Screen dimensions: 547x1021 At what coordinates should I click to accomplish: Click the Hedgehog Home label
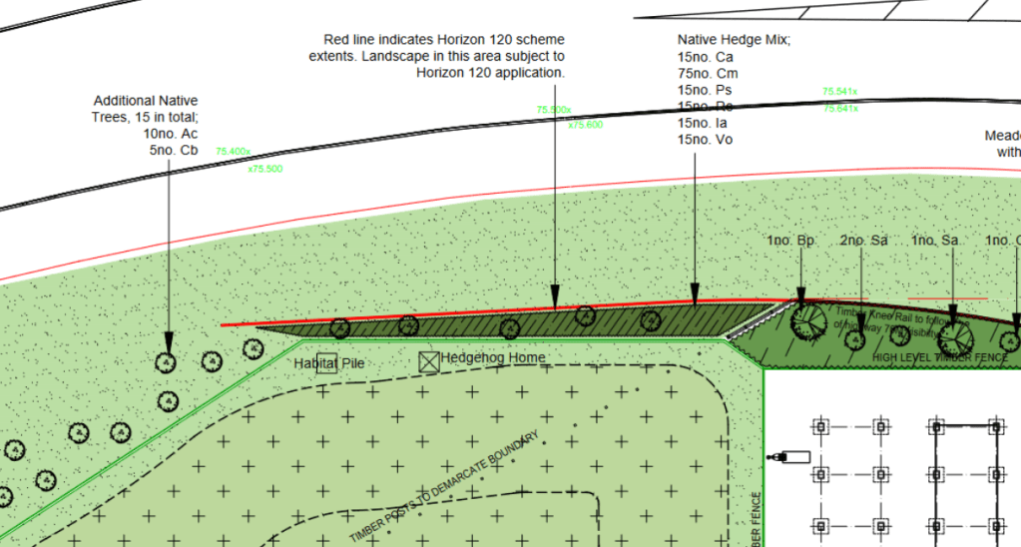[x=493, y=358]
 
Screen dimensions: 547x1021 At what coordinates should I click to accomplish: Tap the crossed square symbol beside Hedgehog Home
[x=429, y=361]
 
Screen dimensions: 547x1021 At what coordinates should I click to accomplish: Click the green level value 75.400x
[x=233, y=152]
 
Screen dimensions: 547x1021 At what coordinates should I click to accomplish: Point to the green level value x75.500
[x=264, y=170]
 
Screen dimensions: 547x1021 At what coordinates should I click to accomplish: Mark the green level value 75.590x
[x=553, y=110]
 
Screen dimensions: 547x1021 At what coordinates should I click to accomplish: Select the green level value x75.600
[x=586, y=126]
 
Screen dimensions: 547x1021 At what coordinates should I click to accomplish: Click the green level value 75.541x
[x=839, y=92]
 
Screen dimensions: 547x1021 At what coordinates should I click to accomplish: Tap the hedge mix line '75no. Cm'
[x=705, y=73]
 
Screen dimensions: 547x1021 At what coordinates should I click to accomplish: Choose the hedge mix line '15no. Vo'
[x=705, y=140]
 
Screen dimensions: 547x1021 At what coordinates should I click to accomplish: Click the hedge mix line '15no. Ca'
[x=705, y=57]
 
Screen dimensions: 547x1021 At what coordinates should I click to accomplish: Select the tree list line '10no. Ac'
[x=171, y=134]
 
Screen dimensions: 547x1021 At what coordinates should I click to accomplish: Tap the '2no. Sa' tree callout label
[x=863, y=242]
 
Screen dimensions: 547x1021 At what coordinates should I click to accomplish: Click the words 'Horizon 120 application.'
[x=491, y=73]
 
